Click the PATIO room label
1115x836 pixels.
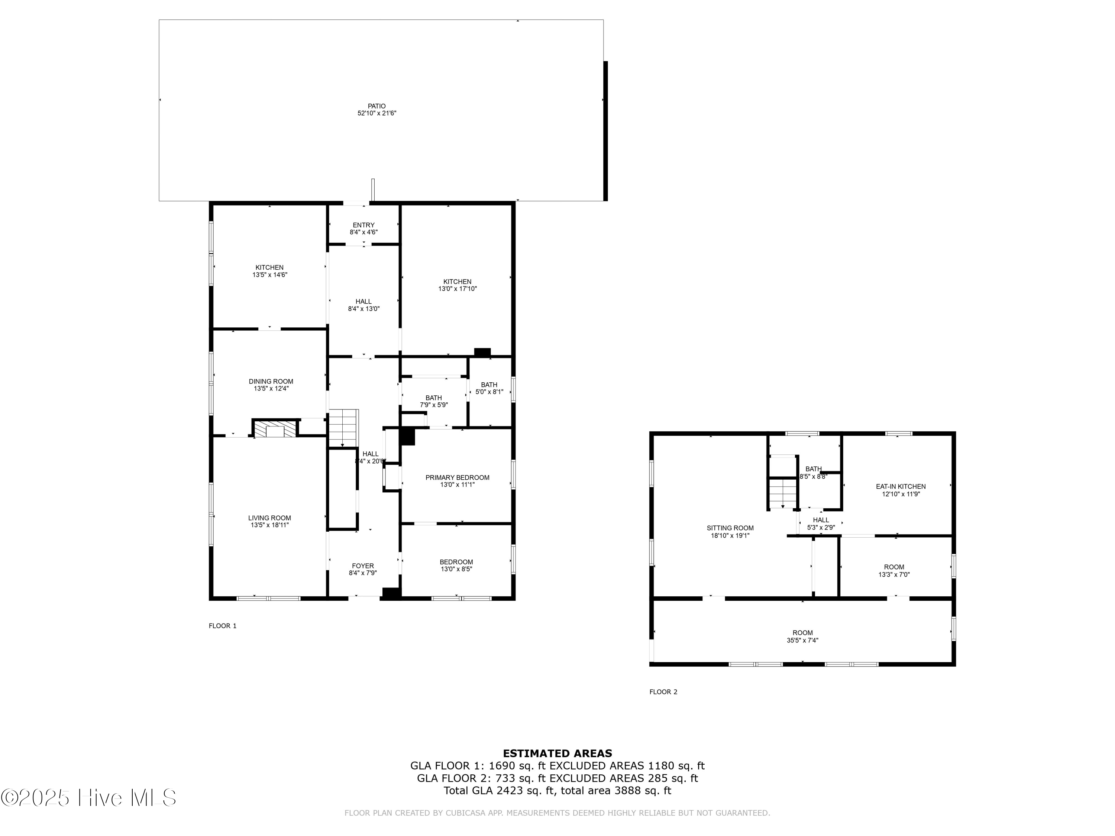(376, 106)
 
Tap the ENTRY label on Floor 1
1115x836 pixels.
(363, 225)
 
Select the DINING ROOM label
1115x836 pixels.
(271, 382)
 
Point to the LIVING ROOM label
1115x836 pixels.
(270, 518)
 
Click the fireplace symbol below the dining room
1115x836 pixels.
(275, 429)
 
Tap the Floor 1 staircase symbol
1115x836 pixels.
(344, 428)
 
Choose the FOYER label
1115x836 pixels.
(363, 566)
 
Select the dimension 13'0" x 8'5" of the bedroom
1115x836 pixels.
(456, 569)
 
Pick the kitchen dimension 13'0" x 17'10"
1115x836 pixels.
(457, 289)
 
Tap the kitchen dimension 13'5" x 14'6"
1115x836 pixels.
(270, 275)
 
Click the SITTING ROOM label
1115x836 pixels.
(730, 528)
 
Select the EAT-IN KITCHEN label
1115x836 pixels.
(901, 486)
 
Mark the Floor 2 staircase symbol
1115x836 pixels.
(782, 493)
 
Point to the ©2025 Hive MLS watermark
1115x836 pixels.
(89, 798)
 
